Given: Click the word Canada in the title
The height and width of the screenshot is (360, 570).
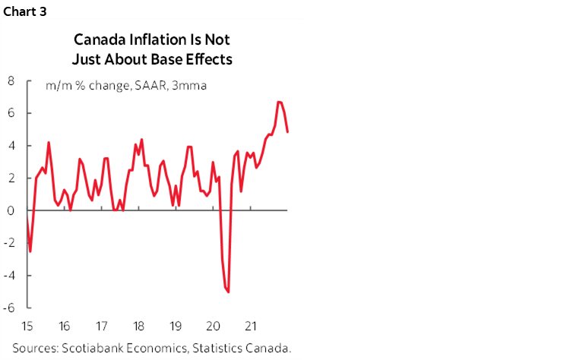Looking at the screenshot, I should tap(95, 37).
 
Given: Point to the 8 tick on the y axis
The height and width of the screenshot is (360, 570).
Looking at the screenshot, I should tap(11, 81).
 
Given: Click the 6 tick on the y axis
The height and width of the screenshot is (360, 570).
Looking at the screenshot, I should tap(11, 113).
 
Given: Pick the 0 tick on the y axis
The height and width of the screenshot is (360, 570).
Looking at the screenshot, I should tap(11, 211).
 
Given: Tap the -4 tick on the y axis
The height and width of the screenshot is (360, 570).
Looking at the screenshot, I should tap(10, 276).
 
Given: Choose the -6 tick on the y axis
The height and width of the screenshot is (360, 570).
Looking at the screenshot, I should tap(10, 308).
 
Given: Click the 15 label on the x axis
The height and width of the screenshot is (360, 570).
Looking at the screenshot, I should tap(28, 327).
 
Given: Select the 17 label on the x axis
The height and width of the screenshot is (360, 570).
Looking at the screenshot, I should tap(101, 327).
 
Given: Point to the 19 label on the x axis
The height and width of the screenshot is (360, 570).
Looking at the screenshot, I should tap(175, 327).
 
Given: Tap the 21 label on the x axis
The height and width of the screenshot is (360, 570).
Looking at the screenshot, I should tap(249, 327).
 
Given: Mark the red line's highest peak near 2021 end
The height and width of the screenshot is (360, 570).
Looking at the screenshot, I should tap(279, 102).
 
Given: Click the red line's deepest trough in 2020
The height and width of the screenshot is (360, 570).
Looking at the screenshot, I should tap(229, 291).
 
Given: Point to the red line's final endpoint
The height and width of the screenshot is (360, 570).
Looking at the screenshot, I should tap(287, 132).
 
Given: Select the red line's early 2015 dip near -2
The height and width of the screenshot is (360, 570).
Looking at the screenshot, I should tap(30, 251).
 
